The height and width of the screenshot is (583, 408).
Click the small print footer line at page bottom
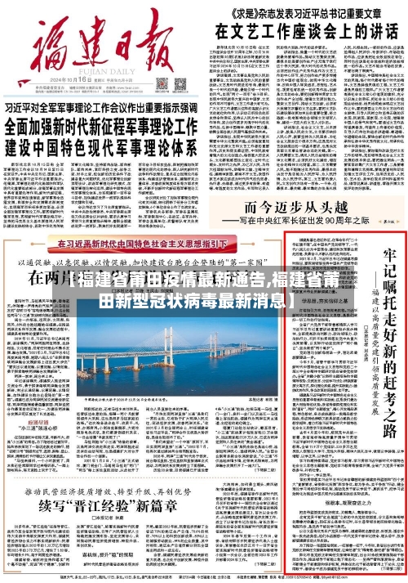coord(204,576)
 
